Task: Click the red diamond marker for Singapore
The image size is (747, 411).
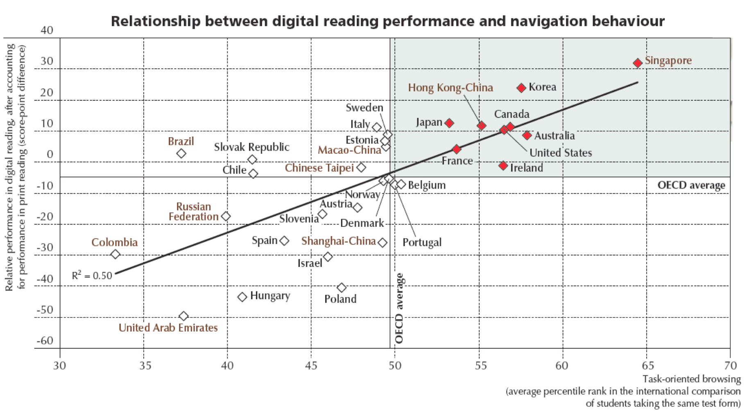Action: coord(637,63)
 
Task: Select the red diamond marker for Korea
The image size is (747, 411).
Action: coord(521,88)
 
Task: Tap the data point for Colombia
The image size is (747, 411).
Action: coord(115,254)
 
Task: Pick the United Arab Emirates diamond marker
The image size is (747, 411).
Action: coord(184,316)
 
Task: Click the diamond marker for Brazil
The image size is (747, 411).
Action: coord(181,154)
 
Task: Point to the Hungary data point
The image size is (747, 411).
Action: coord(242,297)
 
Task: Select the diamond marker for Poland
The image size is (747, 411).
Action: coord(342,288)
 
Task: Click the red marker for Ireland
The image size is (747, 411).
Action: coord(503,165)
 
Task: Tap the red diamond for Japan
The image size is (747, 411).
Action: coord(449,123)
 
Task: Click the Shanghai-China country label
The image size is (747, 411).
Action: coord(338,241)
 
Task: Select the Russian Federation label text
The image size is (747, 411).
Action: coord(193,212)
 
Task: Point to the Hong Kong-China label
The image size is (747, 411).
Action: coord(450,88)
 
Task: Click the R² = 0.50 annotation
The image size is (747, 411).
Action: coord(92,276)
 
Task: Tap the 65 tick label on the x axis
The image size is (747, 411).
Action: coord(647,365)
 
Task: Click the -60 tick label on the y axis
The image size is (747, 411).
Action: coord(45,341)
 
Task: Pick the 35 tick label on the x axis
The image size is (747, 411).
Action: coord(145,365)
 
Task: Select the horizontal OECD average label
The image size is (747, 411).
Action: coord(691,185)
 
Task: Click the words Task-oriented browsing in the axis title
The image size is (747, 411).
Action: coord(691,379)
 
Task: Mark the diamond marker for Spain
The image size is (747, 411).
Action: coord(284,241)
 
